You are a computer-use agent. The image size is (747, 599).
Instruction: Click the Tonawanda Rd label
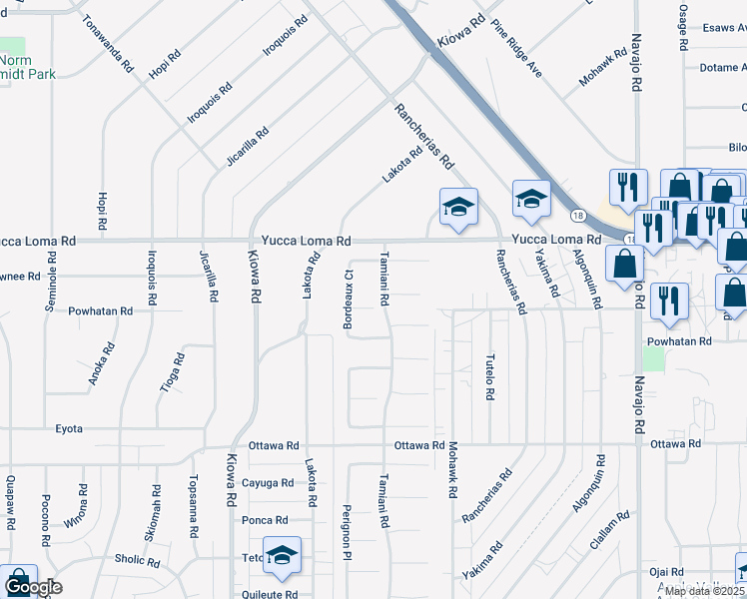click(x=107, y=44)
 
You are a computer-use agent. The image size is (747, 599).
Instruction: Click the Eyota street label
click(x=69, y=428)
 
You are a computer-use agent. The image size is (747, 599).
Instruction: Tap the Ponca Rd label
click(x=265, y=520)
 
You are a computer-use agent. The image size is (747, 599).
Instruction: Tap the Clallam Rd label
click(x=608, y=530)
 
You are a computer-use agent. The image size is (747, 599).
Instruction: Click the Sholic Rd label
click(x=137, y=561)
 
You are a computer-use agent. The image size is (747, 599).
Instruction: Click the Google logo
click(x=33, y=588)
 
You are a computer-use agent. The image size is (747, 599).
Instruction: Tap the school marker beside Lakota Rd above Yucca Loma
click(x=458, y=208)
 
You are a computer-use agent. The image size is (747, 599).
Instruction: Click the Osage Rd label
click(x=684, y=25)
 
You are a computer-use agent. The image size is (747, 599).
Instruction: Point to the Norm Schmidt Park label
click(x=28, y=66)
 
